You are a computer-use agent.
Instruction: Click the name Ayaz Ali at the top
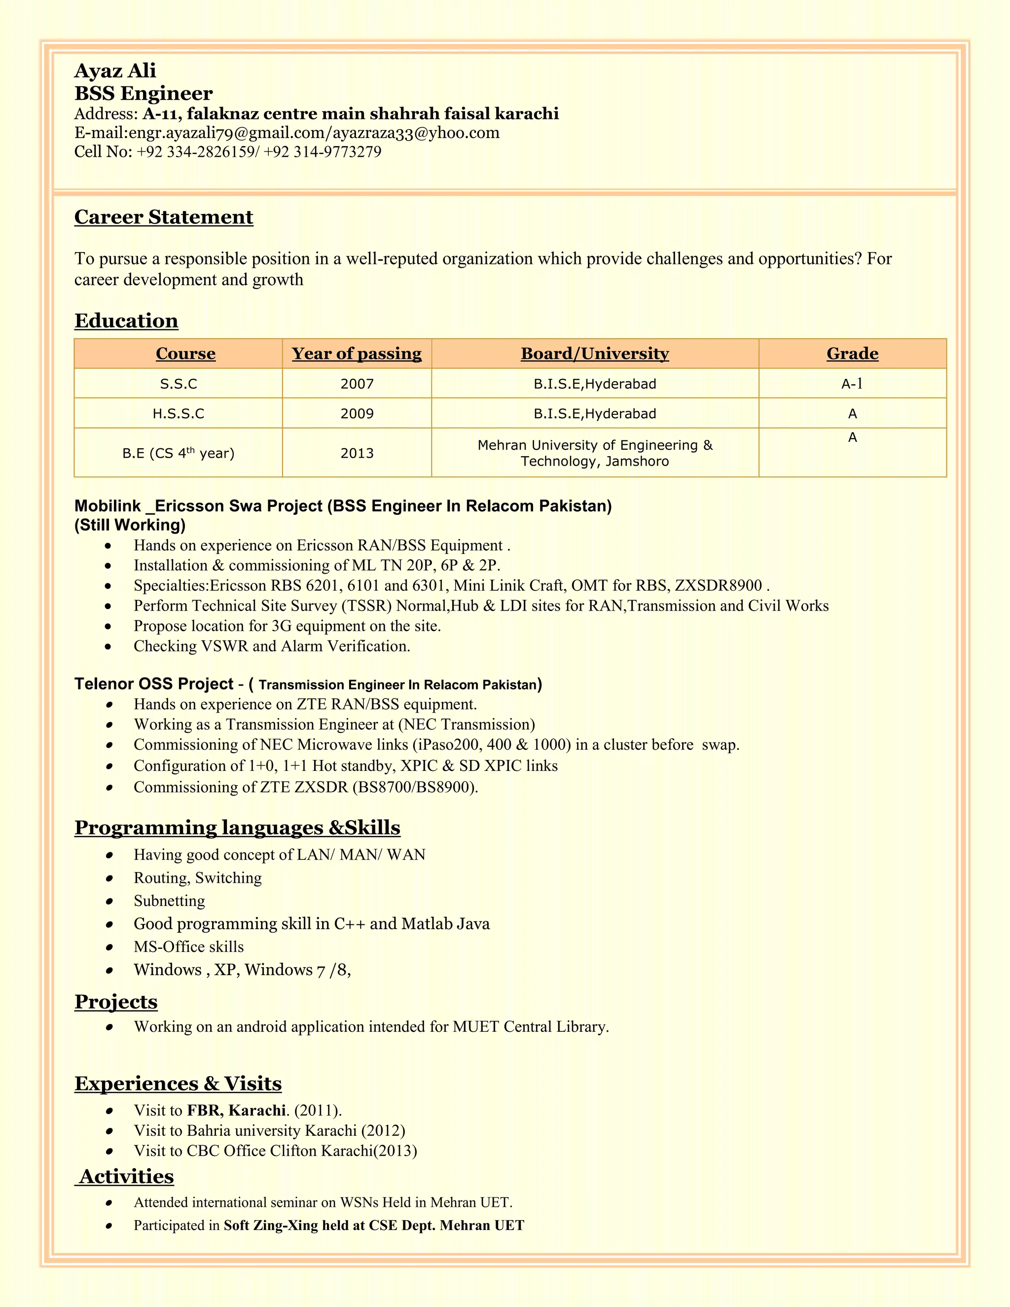click(x=115, y=71)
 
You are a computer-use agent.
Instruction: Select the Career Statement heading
click(x=163, y=217)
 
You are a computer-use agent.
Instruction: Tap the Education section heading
click(x=126, y=321)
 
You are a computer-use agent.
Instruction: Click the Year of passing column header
click(x=357, y=354)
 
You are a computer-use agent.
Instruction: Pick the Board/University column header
click(x=595, y=354)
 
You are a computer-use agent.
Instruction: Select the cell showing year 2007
click(x=357, y=384)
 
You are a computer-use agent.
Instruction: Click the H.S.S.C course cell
click(x=179, y=413)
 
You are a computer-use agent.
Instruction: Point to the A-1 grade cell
click(x=852, y=384)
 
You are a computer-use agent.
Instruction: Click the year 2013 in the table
click(x=357, y=453)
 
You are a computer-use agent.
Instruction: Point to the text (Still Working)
click(x=130, y=525)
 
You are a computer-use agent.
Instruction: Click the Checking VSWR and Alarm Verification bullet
click(x=272, y=646)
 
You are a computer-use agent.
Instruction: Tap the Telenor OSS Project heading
click(x=154, y=684)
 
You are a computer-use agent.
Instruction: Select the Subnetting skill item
click(x=169, y=901)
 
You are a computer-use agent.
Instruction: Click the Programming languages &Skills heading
click(x=237, y=828)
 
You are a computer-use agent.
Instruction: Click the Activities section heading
click(x=126, y=1176)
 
